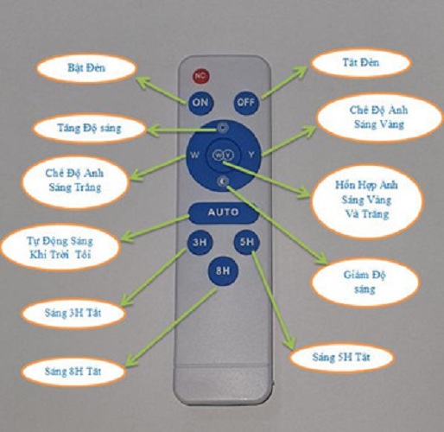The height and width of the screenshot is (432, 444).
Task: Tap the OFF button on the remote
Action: point(246,102)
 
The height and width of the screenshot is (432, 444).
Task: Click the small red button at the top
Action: point(201,76)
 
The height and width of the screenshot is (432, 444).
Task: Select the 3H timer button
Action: point(200,242)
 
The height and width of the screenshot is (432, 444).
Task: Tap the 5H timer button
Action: point(247,242)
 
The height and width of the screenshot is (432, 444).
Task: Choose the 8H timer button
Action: point(223,270)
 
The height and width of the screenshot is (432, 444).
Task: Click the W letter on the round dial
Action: point(195,155)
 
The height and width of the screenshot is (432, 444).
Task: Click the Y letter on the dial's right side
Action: point(251,155)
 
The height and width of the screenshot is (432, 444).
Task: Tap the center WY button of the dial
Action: point(223,156)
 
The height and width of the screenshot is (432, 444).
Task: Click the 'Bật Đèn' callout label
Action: point(86,68)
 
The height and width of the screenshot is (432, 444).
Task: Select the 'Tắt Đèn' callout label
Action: point(360,62)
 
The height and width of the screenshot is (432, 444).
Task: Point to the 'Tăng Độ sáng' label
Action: point(89,128)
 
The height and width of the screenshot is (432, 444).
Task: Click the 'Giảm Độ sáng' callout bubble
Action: point(365,282)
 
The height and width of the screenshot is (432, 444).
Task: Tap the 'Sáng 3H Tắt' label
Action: point(73,313)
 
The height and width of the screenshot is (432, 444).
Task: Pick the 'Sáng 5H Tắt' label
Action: point(341,358)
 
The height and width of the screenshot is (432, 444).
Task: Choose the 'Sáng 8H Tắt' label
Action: point(73,372)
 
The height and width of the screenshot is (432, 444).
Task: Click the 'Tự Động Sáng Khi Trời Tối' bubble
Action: point(60,248)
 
